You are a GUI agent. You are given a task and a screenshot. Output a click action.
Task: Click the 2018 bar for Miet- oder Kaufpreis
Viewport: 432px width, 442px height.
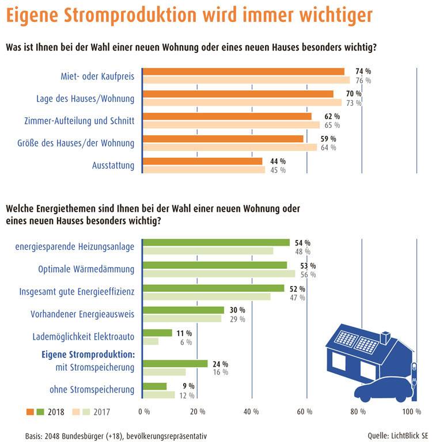tap(243, 71)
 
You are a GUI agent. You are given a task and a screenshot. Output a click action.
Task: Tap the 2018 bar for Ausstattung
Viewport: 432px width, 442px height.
tap(202, 161)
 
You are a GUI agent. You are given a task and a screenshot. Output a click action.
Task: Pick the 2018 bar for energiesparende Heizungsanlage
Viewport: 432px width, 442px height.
tap(216, 242)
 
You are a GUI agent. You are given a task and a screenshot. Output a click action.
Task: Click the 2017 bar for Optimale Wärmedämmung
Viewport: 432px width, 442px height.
tap(219, 274)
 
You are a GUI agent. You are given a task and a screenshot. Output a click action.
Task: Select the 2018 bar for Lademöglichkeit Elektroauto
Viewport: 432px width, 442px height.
tap(157, 333)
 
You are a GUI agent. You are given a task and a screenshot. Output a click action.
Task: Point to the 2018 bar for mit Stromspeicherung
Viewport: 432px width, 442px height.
tap(175, 364)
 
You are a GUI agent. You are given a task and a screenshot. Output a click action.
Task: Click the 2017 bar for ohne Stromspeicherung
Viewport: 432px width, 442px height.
tap(158, 395)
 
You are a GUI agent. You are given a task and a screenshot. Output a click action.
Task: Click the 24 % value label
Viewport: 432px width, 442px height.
tap(221, 364)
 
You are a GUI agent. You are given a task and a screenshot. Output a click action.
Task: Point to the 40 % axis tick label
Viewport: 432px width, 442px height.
tap(252, 412)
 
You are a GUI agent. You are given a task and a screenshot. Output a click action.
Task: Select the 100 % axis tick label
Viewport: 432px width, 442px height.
tap(411, 412)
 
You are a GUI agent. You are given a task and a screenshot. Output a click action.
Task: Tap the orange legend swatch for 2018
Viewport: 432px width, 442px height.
tap(31, 412)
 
